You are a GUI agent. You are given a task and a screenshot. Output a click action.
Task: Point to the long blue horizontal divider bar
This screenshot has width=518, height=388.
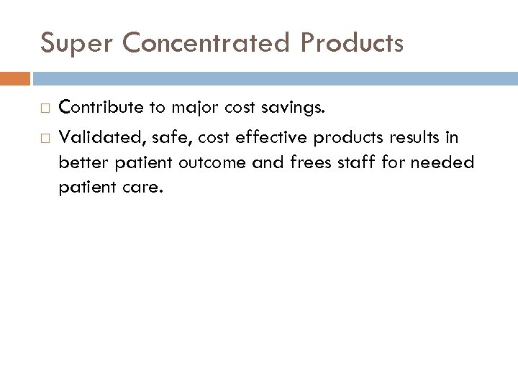click(274, 78)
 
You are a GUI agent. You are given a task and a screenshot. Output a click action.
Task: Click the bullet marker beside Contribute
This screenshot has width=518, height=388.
click(44, 109)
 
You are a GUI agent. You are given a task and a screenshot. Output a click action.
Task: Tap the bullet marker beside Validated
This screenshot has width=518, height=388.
click(44, 138)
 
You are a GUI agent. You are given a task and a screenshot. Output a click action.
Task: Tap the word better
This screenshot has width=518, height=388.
click(84, 163)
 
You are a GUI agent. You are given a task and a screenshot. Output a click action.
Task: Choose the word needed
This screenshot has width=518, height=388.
click(450, 163)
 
